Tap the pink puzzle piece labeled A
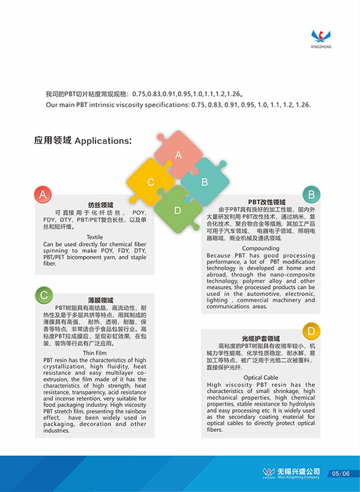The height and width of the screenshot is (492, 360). click(x=178, y=154)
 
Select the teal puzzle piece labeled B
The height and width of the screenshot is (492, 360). click(x=204, y=181)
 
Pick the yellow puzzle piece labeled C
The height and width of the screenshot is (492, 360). click(x=151, y=182)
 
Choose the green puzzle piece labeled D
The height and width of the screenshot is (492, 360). click(x=178, y=209)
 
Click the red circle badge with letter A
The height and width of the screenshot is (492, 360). click(x=43, y=195)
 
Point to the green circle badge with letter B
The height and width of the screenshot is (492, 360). click(x=311, y=194)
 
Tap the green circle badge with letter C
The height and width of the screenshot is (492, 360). click(x=43, y=294)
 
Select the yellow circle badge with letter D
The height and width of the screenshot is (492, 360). click(x=311, y=331)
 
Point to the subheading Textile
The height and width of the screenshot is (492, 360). click(x=95, y=237)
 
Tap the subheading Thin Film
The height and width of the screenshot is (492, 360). click(x=95, y=353)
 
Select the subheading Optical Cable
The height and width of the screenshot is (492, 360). click(x=260, y=377)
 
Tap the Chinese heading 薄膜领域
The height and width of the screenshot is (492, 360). click(x=100, y=299)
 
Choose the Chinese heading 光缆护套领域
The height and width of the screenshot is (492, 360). click(x=261, y=338)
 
